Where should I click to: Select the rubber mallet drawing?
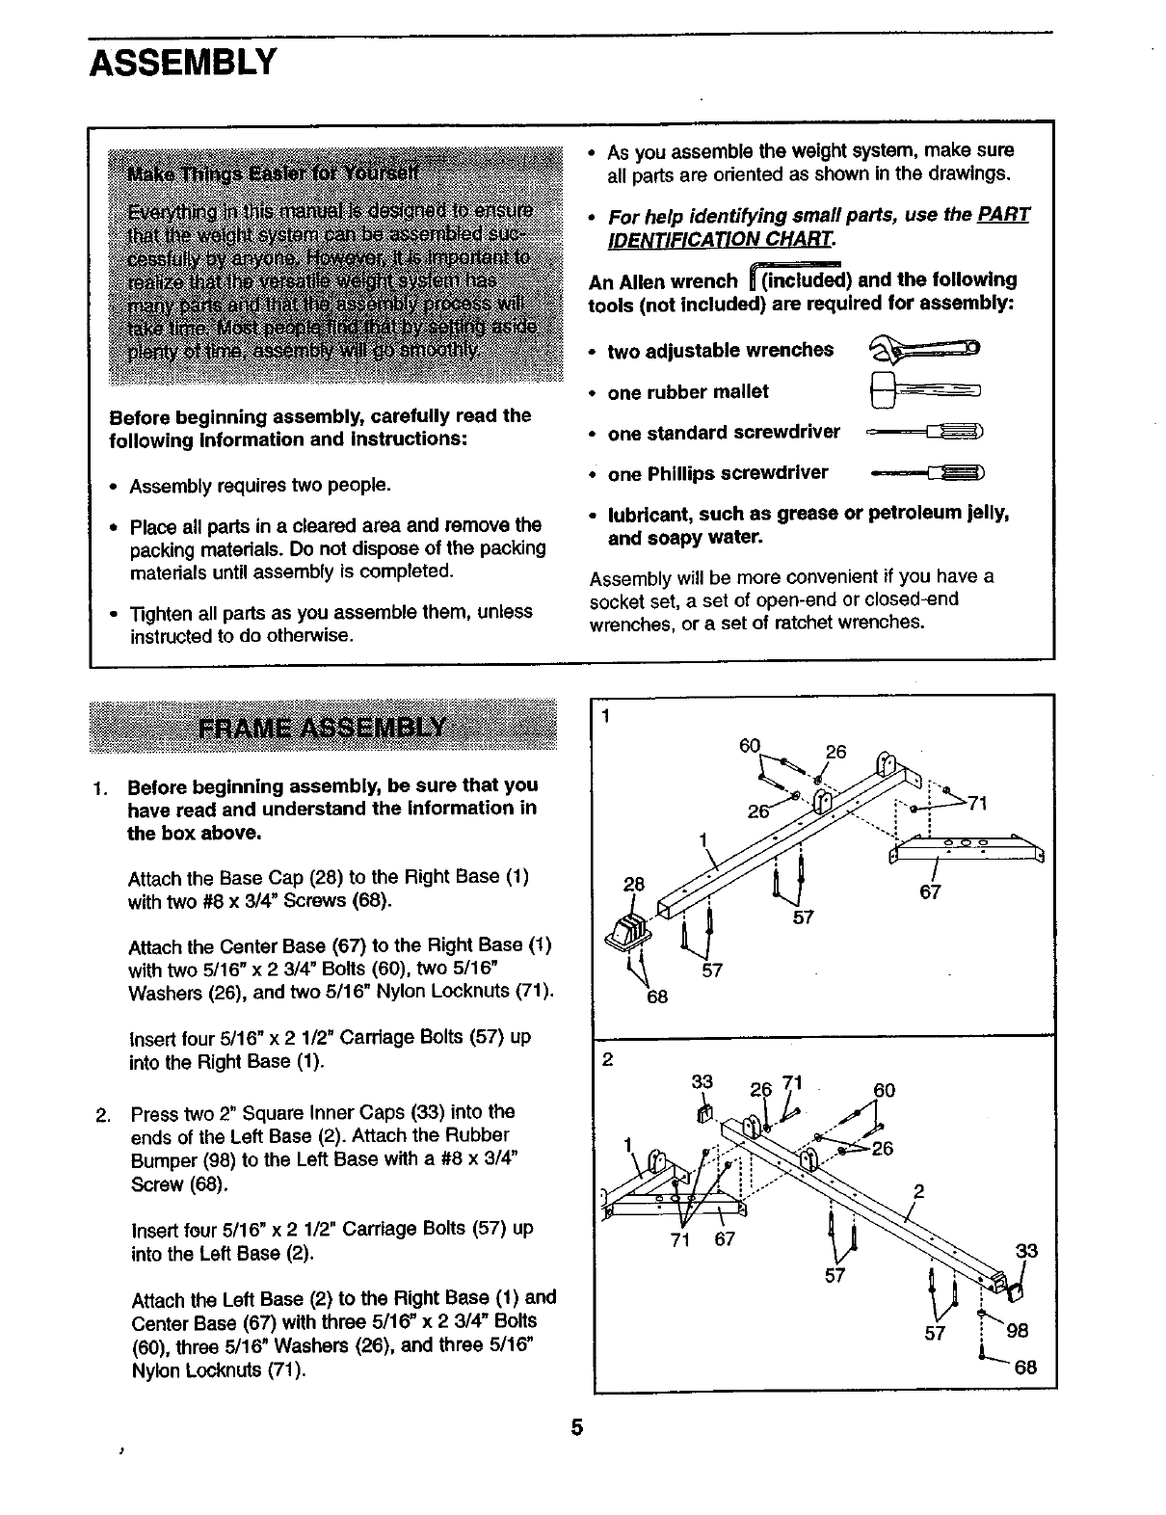pos(923,390)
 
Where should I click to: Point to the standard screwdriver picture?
pos(924,433)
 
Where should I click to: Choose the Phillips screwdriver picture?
pos(926,473)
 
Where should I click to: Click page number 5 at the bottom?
pos(576,1427)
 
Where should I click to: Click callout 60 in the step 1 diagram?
pos(750,746)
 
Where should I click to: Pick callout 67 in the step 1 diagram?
pos(930,891)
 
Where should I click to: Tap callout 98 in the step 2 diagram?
pos(1017,1331)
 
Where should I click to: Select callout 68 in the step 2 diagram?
pos(1025,1367)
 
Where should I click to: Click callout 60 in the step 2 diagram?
pos(884,1090)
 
